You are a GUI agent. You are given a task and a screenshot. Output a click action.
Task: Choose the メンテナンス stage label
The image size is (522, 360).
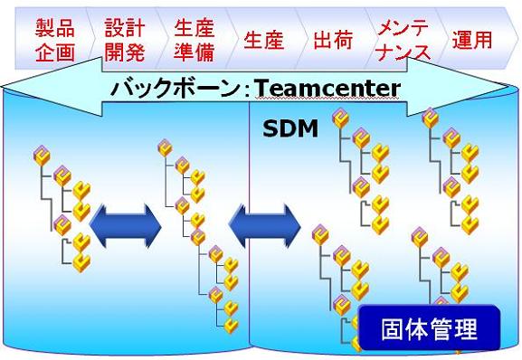[403, 39]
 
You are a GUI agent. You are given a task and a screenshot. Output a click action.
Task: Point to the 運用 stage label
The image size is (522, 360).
[472, 40]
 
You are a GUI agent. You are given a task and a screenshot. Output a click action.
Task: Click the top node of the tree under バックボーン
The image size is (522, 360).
[165, 147]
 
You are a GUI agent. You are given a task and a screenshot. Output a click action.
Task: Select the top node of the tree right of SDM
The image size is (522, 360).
[341, 118]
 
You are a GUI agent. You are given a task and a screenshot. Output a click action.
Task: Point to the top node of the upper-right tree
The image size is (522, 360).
[430, 118]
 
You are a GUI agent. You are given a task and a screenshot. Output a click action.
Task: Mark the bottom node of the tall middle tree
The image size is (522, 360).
[232, 325]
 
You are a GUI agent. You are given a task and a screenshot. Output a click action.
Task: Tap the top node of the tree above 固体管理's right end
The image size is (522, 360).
[419, 237]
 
